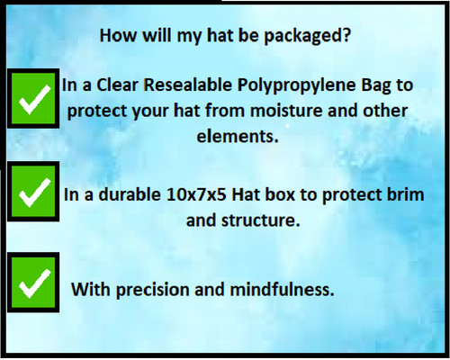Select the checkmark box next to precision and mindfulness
pyautogui.click(x=33, y=284)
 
